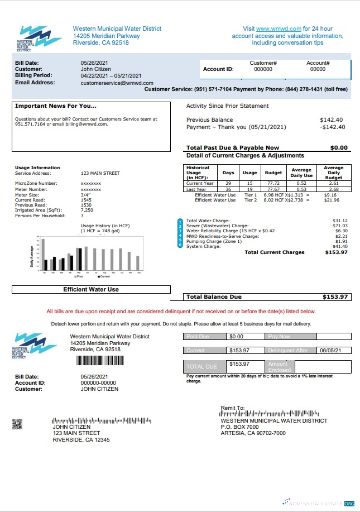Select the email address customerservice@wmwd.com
pos(117,83)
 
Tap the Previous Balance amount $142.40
pos(332,120)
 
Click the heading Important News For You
pos(55,106)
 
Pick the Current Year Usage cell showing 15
pos(249,184)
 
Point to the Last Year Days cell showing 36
pos(228,189)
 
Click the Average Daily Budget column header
pos(333,172)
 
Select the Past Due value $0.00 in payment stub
pos(237,337)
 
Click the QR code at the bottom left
pos(17,424)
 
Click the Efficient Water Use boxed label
pos(90,289)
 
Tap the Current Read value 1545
pos(86,199)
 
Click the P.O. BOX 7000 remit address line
pos(243,427)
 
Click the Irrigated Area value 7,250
pos(87,210)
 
